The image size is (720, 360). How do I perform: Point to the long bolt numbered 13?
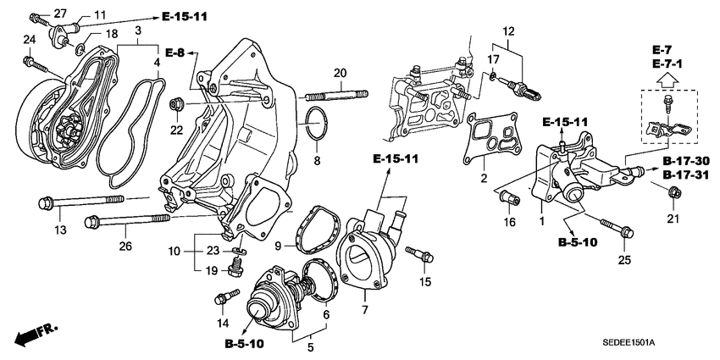[x=80, y=202]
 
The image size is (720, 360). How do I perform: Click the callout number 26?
[x=126, y=247]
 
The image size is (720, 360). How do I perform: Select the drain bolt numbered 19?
[x=235, y=270]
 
